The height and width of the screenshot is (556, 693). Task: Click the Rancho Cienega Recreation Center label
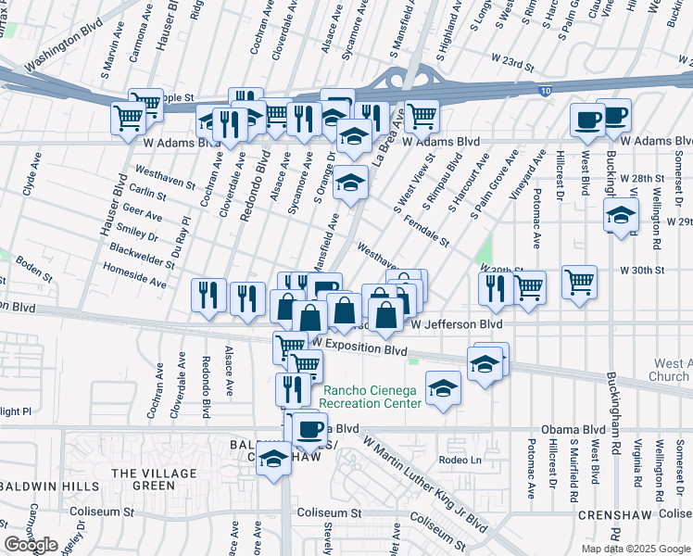coord(372,397)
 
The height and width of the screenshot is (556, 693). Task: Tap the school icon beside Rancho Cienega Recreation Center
coord(444,387)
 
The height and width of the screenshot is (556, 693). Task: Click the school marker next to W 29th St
coord(621,216)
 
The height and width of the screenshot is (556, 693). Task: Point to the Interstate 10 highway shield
coord(547,90)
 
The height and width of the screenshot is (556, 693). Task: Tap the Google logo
coord(31,545)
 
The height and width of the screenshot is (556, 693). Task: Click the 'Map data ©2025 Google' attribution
coord(636,549)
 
